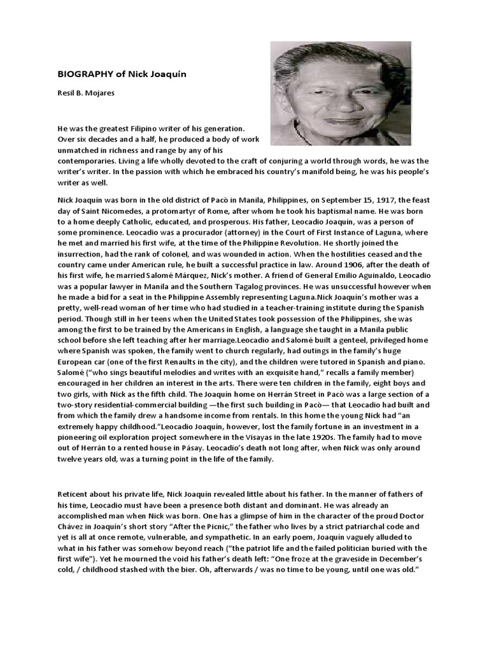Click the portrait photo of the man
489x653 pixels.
pos(341,93)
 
